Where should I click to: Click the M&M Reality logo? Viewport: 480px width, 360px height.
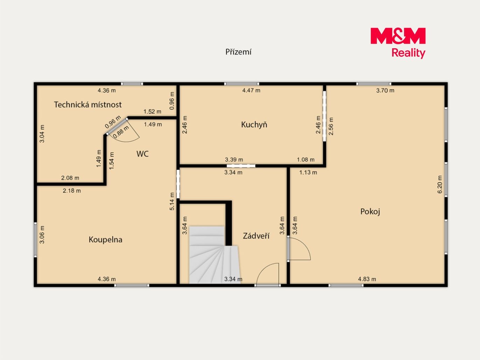click(x=398, y=43)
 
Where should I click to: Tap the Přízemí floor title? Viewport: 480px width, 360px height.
click(x=238, y=52)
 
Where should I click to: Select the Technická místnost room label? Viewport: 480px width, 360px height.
click(x=88, y=105)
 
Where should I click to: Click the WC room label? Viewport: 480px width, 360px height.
click(x=142, y=154)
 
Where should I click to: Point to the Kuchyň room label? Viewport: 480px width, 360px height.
click(x=254, y=125)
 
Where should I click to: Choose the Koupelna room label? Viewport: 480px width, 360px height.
click(x=105, y=240)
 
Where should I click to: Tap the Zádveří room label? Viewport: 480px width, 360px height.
click(x=256, y=236)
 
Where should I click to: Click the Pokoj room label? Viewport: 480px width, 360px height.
click(x=370, y=212)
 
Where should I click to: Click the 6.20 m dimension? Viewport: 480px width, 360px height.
click(x=440, y=184)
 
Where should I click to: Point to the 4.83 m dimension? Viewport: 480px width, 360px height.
click(x=367, y=279)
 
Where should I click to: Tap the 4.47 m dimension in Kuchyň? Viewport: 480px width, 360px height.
click(x=251, y=91)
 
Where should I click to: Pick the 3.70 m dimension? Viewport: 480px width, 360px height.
click(x=385, y=91)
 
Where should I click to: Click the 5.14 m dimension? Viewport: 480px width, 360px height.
click(x=172, y=201)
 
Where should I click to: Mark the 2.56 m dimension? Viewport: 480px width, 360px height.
click(x=331, y=126)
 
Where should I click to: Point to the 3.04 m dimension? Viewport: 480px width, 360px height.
click(x=42, y=134)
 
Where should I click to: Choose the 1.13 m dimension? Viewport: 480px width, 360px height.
click(x=308, y=172)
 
